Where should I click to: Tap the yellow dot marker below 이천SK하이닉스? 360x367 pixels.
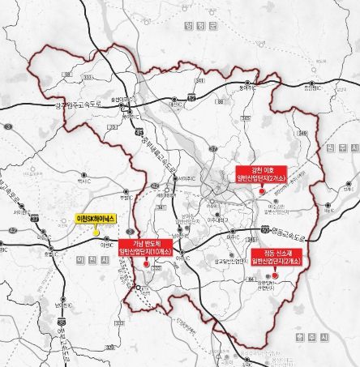[x=96, y=233]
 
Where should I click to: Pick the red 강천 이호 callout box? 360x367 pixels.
[x=261, y=173]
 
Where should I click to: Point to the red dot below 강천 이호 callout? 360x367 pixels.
[x=261, y=190]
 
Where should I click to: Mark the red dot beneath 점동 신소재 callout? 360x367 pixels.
[x=276, y=275]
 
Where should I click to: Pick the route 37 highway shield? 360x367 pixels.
[x=35, y=219]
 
